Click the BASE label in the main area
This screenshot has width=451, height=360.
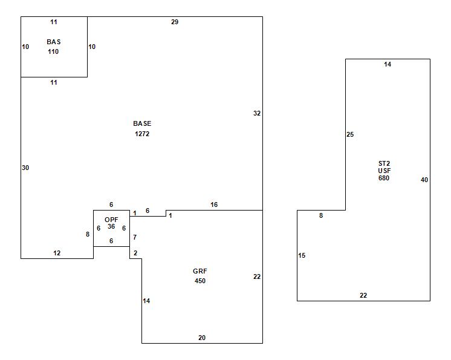(142, 124)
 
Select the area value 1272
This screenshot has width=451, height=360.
(142, 134)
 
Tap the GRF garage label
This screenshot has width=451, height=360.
(200, 272)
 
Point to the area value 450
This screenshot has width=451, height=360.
(200, 281)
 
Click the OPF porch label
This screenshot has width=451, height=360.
(111, 220)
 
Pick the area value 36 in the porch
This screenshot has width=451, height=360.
(111, 227)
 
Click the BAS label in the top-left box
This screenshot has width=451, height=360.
(54, 42)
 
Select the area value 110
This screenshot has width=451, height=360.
(54, 52)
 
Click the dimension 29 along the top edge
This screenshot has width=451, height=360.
(175, 22)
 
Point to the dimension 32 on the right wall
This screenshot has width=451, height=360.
(257, 113)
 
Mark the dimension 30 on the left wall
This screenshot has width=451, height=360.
(25, 168)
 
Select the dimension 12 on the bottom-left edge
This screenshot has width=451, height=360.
(57, 253)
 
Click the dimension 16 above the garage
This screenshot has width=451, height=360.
(214, 205)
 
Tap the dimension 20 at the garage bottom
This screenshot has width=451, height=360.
(202, 338)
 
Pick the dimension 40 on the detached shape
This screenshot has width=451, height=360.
(424, 180)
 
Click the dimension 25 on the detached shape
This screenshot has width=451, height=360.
(350, 134)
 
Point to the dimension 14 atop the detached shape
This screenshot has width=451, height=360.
(388, 64)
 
